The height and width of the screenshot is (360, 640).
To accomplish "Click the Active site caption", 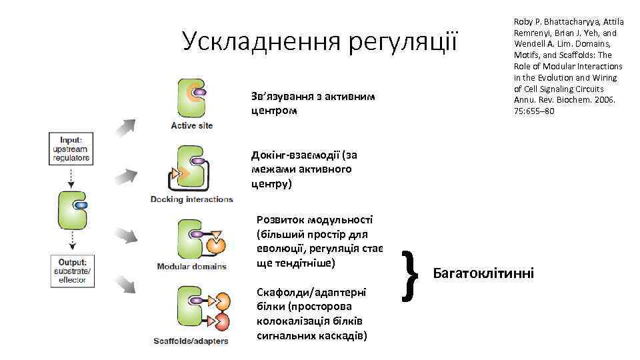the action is [192, 125].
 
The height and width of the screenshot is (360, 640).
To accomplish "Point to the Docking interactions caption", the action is [192, 199].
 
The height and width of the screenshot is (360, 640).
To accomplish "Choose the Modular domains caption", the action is [192, 267].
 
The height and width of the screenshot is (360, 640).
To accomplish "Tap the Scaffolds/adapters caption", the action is [191, 341].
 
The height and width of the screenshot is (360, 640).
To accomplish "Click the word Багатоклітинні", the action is [483, 273].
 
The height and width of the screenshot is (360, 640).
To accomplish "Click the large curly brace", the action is [411, 271].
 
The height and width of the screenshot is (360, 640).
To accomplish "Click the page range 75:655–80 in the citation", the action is [534, 111].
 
